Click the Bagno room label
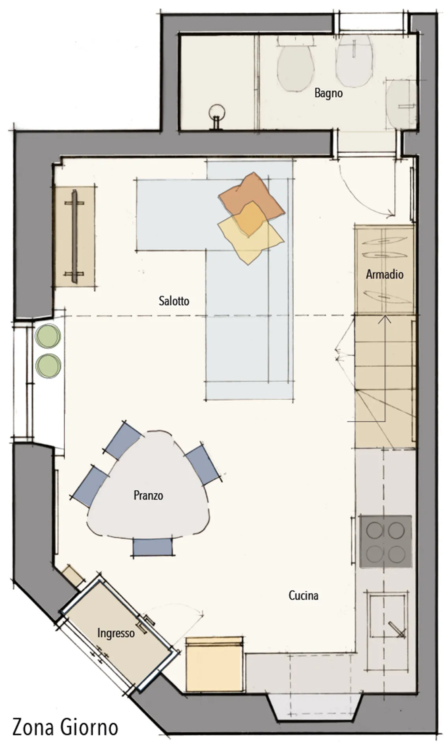coord(328,93)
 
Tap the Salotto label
coord(174,301)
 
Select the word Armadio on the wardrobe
coord(384,274)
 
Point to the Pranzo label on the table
coord(148,495)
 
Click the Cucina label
coord(304,595)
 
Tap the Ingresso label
coord(116,633)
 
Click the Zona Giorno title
coord(65,727)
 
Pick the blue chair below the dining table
coord(153,547)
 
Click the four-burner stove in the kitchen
coord(386,542)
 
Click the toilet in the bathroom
coord(296,63)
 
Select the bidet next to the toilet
coord(354,60)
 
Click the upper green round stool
coord(48,336)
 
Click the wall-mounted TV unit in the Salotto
coord(74,236)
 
